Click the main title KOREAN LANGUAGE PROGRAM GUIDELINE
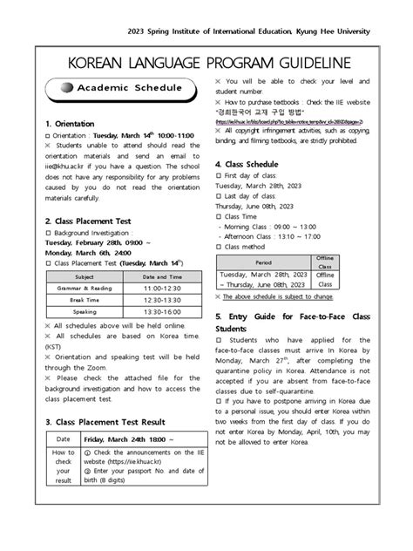[x=206, y=63]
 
